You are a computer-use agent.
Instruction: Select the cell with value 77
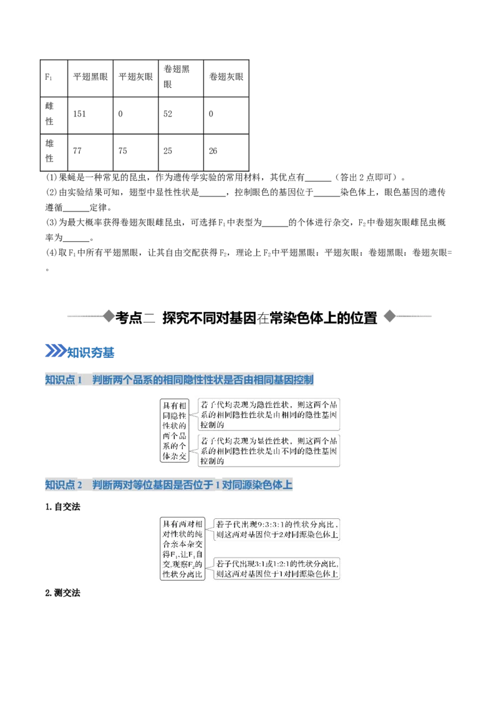[x=90, y=152]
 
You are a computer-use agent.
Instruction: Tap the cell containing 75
[x=135, y=152]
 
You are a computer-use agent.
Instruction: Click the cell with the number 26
[x=226, y=152]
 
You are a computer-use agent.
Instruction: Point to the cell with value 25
[x=181, y=152]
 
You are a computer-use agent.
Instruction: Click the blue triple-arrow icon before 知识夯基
[x=56, y=351]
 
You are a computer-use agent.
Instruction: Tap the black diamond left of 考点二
[x=109, y=316]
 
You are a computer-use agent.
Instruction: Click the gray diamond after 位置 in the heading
[x=390, y=316]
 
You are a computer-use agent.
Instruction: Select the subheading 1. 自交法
[x=62, y=507]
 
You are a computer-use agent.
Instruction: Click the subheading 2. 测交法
[x=62, y=593]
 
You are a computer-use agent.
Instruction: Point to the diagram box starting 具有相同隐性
[x=174, y=430]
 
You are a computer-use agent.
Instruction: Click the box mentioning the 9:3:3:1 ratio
[x=276, y=529]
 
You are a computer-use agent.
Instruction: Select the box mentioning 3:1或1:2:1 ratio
[x=276, y=569]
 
